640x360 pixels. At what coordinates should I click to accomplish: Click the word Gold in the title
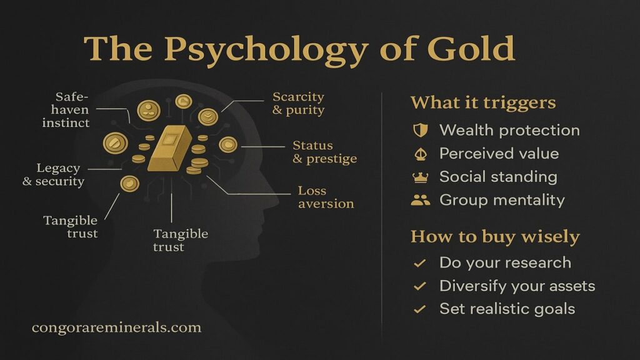pos(471,48)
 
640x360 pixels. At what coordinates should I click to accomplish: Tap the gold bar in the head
pos(170,147)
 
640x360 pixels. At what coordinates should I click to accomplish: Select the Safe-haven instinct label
pos(66,110)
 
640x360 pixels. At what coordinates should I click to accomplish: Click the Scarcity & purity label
pos(298,103)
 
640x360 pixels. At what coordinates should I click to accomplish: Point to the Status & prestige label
pos(324,152)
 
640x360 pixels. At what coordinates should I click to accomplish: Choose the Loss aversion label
pos(326,197)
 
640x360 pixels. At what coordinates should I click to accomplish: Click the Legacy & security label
pos(54,175)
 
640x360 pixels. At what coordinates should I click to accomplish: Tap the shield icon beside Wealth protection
pos(421,130)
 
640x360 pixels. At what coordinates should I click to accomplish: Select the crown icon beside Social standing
pos(421,177)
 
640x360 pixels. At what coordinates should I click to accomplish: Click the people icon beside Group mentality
pos(421,200)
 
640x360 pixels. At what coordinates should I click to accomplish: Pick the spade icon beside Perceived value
pos(421,154)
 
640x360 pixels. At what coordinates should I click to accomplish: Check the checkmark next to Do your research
pos(419,263)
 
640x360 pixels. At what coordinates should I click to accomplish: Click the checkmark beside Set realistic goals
pos(419,309)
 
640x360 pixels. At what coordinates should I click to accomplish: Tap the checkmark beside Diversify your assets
pos(419,286)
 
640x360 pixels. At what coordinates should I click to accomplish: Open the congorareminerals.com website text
pos(116,327)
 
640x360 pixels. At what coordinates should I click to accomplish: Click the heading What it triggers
pos(483,102)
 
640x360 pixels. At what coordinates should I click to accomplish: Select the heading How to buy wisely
pos(495,237)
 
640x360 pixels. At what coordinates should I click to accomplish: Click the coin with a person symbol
pos(149,110)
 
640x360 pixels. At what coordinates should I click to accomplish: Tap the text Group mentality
pos(502,200)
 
